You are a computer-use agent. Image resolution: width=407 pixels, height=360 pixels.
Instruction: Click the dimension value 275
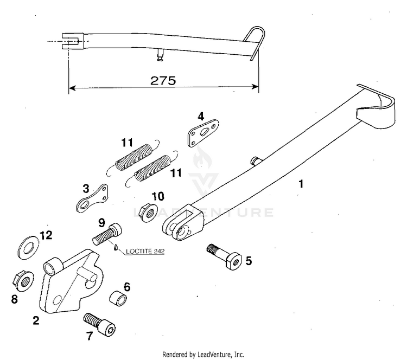click(163, 80)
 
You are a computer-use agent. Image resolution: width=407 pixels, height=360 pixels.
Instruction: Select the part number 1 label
click(301, 184)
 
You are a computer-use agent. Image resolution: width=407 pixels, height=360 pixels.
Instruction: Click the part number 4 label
click(200, 116)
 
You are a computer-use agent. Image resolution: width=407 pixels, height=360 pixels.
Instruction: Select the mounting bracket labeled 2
click(68, 285)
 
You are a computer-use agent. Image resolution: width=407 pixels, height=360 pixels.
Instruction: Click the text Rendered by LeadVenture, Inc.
click(203, 354)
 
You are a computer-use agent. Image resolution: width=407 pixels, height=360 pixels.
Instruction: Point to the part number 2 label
click(36, 320)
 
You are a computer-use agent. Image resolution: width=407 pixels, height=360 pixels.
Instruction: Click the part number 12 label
click(46, 235)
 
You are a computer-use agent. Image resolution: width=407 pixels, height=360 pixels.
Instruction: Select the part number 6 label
click(126, 286)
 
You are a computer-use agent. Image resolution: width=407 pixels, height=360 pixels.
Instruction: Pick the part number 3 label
click(86, 188)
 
